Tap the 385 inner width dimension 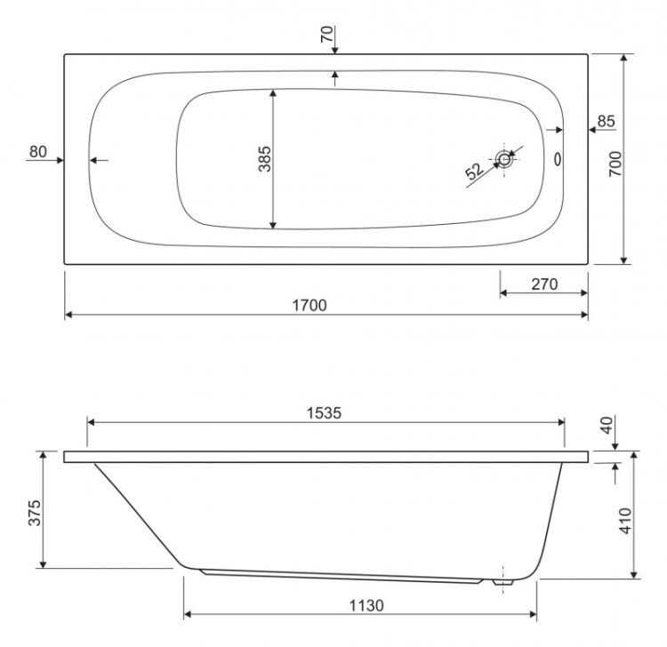(x=264, y=157)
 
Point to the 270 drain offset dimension (x=542, y=284)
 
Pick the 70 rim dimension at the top (x=326, y=36)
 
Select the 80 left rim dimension (x=36, y=151)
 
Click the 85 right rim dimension (x=606, y=121)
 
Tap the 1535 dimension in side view (x=325, y=413)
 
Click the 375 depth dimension (x=33, y=509)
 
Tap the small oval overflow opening (x=558, y=159)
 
